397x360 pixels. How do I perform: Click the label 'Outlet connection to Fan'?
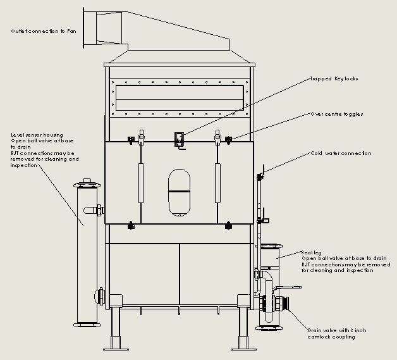[44, 31]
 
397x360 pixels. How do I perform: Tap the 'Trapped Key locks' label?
[334, 78]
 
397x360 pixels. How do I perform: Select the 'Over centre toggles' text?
[337, 114]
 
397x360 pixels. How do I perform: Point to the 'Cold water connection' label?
[341, 153]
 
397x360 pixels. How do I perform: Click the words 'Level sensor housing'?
[37, 135]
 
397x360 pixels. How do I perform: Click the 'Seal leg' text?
[311, 252]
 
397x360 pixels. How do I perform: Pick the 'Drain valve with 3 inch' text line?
[337, 330]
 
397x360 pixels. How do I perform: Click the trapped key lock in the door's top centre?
[180, 140]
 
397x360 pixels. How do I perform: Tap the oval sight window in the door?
[179, 192]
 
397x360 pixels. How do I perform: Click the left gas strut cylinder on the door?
[141, 183]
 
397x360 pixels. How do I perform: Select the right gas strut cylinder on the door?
[217, 183]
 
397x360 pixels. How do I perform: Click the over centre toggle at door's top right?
[228, 140]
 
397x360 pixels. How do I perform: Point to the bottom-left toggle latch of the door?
[131, 225]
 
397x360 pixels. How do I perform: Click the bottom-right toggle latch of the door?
[228, 225]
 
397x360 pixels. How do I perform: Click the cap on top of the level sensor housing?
[87, 180]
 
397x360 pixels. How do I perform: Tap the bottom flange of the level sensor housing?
[87, 325]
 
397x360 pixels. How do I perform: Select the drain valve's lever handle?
[288, 287]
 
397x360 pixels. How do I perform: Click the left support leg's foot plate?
[116, 350]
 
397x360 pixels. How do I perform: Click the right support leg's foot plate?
[243, 350]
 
